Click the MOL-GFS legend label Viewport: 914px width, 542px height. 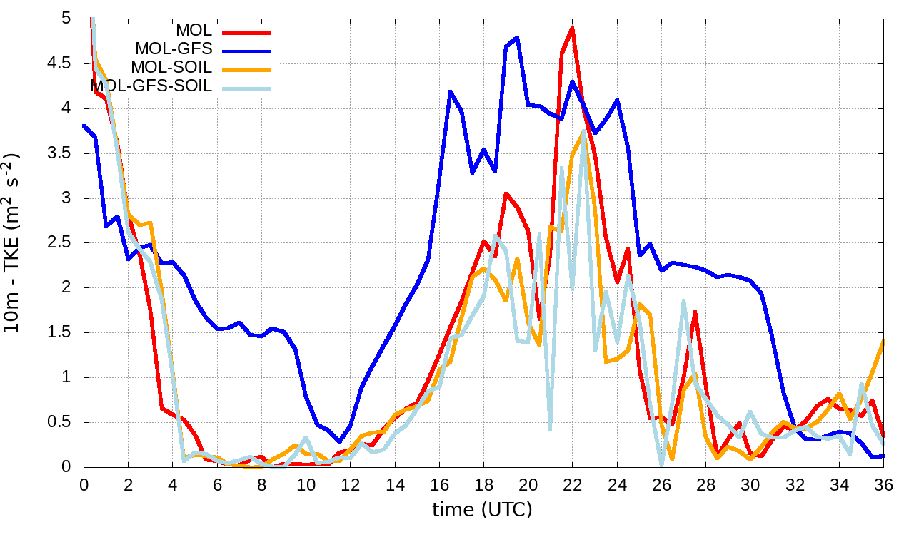point(174,49)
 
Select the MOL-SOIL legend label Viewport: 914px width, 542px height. point(171,68)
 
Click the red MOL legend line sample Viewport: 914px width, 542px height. point(247,31)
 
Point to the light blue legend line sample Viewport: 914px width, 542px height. point(247,87)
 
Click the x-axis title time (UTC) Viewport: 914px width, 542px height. point(482,510)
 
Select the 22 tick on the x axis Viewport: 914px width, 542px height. point(573,484)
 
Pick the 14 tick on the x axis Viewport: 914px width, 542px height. point(395,484)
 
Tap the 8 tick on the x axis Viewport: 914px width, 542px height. point(261,484)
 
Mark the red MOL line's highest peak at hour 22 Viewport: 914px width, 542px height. point(573,28)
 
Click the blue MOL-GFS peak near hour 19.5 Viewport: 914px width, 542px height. point(517,37)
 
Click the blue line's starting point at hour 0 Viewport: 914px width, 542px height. point(84,126)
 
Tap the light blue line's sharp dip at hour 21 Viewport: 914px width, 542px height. point(551,429)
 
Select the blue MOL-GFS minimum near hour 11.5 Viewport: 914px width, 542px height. point(340,441)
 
